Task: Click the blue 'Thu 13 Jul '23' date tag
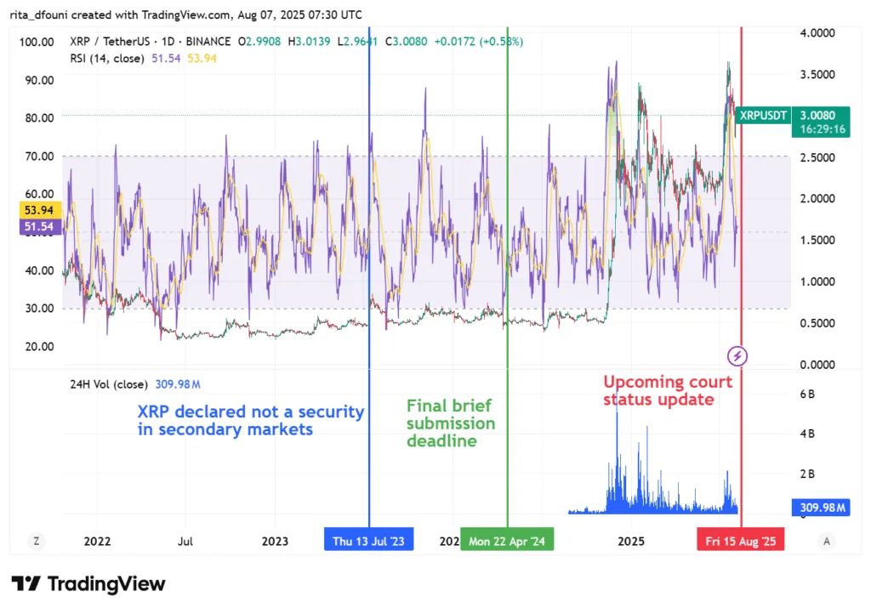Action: [368, 541]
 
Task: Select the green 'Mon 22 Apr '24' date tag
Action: [507, 541]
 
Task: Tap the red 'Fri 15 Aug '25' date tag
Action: [740, 541]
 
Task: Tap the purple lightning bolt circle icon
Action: [738, 355]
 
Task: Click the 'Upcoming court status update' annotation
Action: [668, 390]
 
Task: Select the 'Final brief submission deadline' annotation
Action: [451, 423]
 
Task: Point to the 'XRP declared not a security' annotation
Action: [251, 420]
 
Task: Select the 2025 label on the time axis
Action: [630, 541]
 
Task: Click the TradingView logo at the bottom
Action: [88, 584]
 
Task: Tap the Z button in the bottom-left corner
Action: [37, 540]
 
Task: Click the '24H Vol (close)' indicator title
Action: [108, 383]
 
